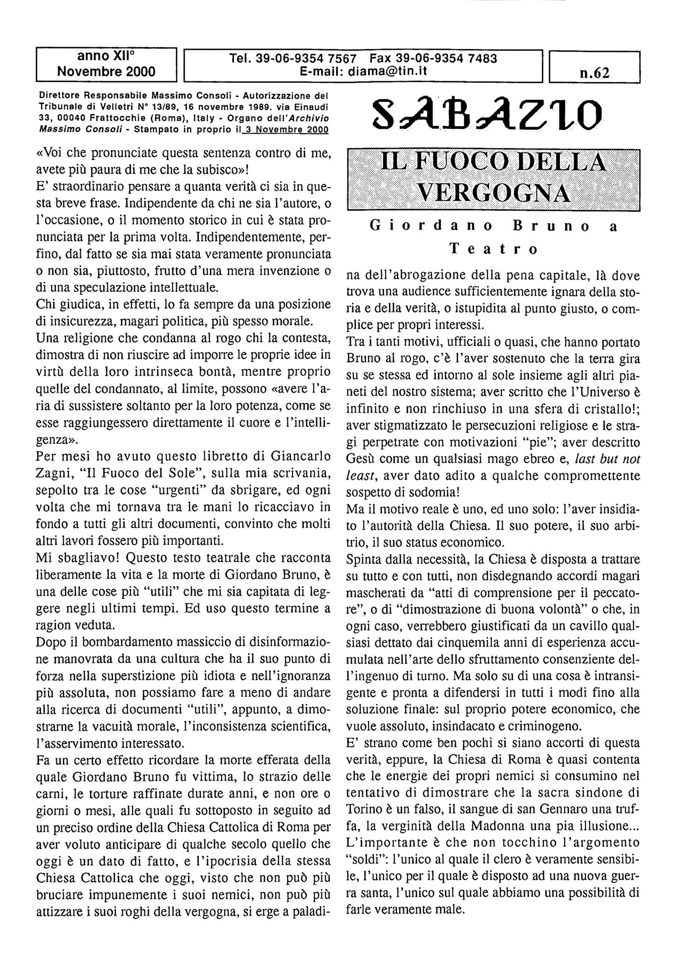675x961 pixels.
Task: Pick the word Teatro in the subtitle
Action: pos(493,249)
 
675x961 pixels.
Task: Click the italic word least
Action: pos(360,475)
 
